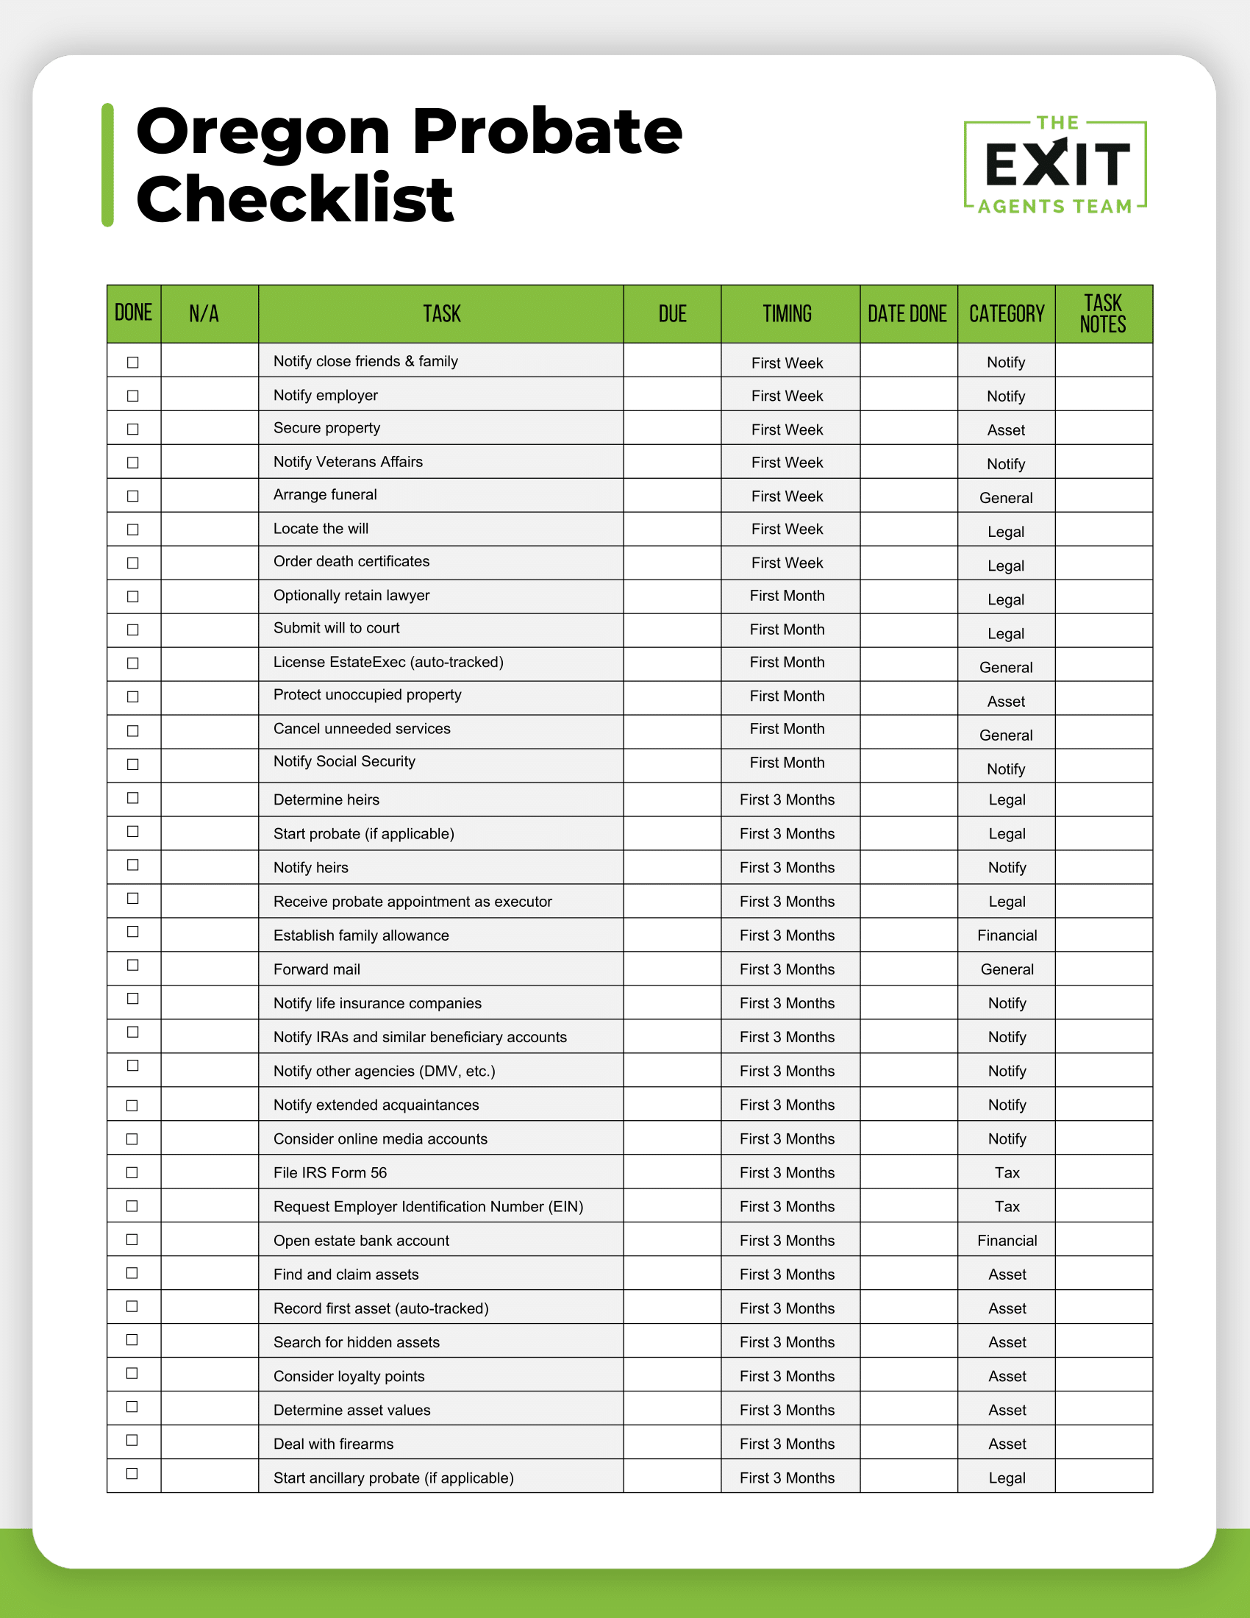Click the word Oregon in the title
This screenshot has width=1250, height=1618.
pos(263,133)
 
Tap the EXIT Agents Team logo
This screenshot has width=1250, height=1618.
pos(1055,165)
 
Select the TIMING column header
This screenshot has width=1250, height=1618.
pos(787,314)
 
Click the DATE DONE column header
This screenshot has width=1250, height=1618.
pos(907,314)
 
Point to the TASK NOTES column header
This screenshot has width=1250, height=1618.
pos(1103,314)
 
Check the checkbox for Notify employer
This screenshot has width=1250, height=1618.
pos(133,396)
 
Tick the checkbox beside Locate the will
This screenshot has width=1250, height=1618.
pos(133,530)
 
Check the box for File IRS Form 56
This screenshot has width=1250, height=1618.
pos(132,1173)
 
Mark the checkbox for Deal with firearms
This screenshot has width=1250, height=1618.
pos(132,1440)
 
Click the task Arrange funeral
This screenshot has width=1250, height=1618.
pos(325,495)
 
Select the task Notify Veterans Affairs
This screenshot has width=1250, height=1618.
pos(348,462)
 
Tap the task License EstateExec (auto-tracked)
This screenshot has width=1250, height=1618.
pos(388,663)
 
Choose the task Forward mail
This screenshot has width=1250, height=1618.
pos(317,969)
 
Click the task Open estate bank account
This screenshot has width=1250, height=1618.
pos(361,1240)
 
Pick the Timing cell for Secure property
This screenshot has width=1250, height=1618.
pos(787,430)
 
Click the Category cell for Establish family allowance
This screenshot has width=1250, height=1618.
pos(1007,935)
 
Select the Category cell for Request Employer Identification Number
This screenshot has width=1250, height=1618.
pos(1007,1207)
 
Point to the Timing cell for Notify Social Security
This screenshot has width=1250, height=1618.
pos(787,763)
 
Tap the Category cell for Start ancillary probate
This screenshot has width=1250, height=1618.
pos(1007,1478)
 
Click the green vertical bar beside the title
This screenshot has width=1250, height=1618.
pos(108,165)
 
